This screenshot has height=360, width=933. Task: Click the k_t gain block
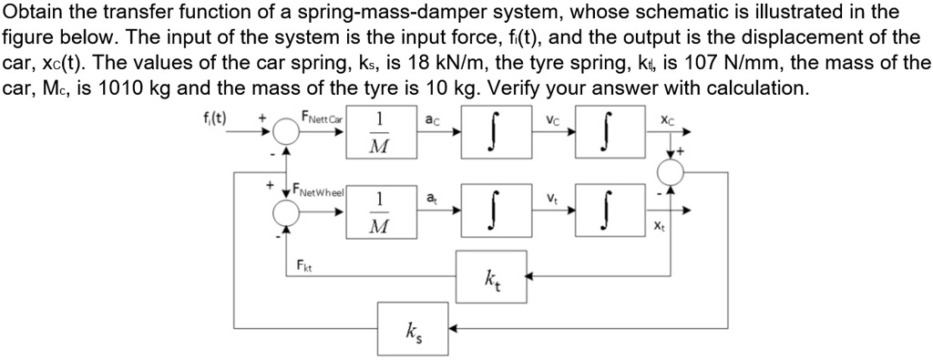click(491, 273)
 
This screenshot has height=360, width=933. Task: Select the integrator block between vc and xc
click(604, 134)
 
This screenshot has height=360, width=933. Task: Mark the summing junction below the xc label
click(674, 172)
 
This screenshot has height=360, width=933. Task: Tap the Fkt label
click(302, 265)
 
